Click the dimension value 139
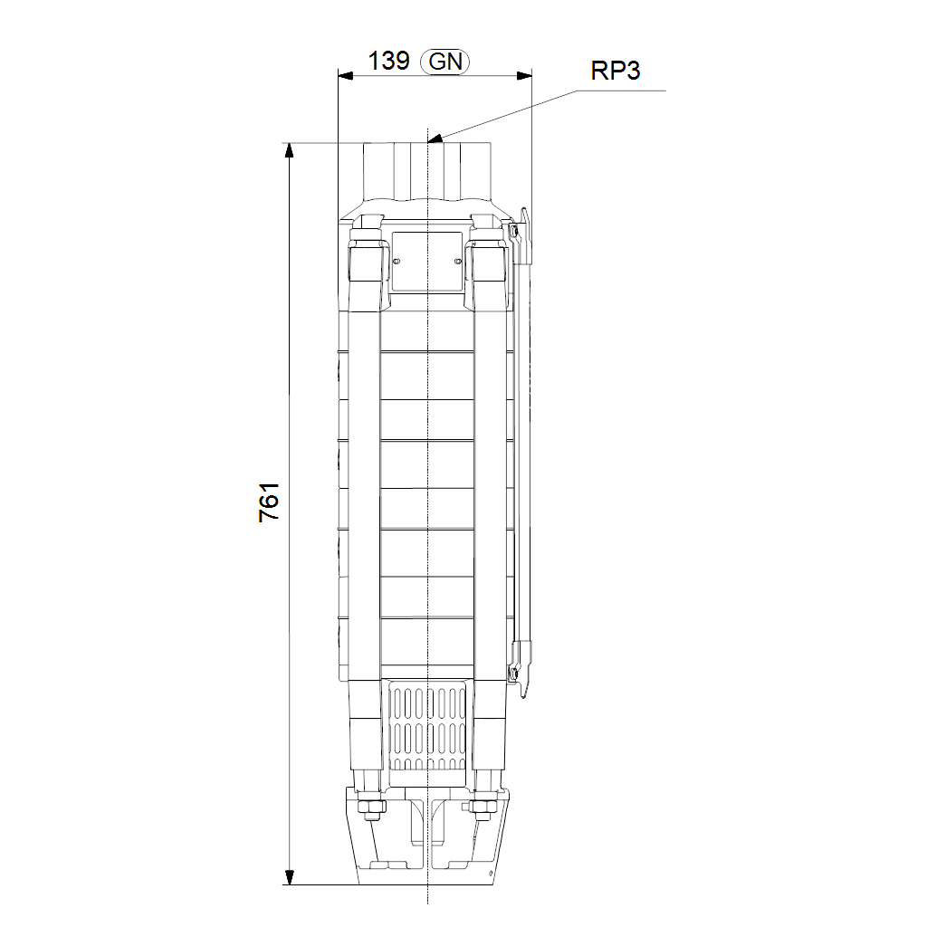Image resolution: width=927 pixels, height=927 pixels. (x=388, y=61)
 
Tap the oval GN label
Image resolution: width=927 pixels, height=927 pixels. (x=444, y=62)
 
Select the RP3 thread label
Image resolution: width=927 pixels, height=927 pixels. (x=616, y=71)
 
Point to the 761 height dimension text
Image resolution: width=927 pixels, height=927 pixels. (x=269, y=502)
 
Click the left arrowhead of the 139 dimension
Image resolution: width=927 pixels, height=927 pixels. (x=345, y=76)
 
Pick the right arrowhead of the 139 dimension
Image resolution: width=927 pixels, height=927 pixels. (x=524, y=76)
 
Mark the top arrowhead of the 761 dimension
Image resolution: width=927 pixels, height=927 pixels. (x=289, y=150)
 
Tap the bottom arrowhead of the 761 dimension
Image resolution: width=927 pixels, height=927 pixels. (x=289, y=877)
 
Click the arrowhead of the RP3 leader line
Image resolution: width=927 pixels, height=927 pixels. (x=435, y=139)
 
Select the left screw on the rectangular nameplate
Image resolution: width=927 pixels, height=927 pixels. (x=397, y=262)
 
